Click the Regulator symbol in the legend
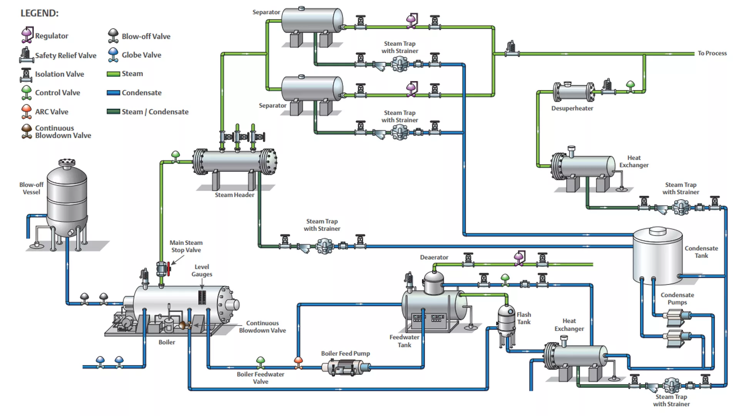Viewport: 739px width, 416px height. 27,35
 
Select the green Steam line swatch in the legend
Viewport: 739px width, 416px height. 113,74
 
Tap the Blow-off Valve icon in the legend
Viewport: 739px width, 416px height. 113,35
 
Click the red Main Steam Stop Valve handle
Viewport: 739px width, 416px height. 169,268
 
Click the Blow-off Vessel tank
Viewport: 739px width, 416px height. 67,200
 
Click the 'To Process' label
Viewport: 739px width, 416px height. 712,53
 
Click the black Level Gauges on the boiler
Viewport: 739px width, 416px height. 202,297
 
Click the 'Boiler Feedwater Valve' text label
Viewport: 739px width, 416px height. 261,377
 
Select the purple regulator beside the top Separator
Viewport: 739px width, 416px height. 411,20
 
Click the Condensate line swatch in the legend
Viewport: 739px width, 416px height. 113,93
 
